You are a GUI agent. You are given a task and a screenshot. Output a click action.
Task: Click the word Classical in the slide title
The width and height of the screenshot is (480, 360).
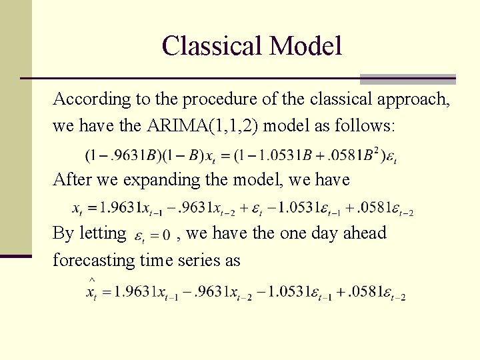click(211, 46)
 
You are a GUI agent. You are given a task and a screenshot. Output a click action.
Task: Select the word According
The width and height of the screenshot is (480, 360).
click(83, 99)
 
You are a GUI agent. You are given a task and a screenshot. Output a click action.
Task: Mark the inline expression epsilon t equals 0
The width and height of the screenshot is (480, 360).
click(153, 235)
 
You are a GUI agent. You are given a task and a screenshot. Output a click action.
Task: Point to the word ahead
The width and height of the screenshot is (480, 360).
click(365, 233)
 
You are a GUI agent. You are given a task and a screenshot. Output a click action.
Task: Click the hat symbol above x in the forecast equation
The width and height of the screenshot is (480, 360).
click(91, 279)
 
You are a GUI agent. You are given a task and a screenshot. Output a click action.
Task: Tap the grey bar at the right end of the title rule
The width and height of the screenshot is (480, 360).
click(407, 79)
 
